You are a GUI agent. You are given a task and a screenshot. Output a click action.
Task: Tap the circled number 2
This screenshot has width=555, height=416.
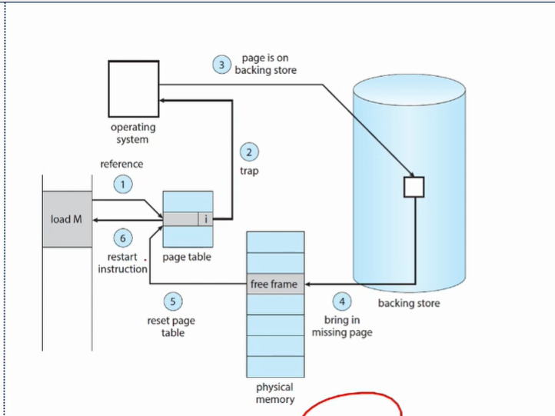pos(248,151)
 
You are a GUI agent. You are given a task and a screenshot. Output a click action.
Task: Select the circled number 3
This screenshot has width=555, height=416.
pos(222,65)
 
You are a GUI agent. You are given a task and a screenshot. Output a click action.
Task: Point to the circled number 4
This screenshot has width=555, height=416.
pos(342,301)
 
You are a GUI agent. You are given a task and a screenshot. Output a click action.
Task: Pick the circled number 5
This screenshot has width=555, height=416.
pos(173,301)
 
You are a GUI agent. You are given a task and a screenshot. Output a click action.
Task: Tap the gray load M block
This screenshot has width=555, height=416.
pos(67,219)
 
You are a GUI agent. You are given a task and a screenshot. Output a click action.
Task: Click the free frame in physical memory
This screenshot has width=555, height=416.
pos(274,285)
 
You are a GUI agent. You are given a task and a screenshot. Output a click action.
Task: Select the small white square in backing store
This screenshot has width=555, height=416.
pos(414,187)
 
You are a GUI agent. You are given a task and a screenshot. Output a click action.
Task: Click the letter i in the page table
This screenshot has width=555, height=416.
pos(205,219)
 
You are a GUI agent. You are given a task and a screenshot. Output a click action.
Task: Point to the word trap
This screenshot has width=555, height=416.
pos(249,171)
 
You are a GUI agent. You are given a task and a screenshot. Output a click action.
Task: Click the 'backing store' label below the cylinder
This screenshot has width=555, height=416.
pos(409,304)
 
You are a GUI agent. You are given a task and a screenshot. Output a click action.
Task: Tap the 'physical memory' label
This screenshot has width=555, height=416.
pos(274,394)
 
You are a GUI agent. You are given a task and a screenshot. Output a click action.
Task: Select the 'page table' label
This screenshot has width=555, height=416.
pos(188,257)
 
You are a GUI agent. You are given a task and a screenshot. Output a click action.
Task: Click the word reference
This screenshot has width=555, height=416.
pos(121,164)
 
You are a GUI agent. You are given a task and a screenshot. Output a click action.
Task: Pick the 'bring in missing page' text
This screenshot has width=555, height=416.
pos(342,326)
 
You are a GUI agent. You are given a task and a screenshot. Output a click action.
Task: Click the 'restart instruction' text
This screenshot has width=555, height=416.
pos(122,263)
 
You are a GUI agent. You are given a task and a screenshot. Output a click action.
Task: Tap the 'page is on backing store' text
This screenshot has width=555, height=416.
pos(265,65)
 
